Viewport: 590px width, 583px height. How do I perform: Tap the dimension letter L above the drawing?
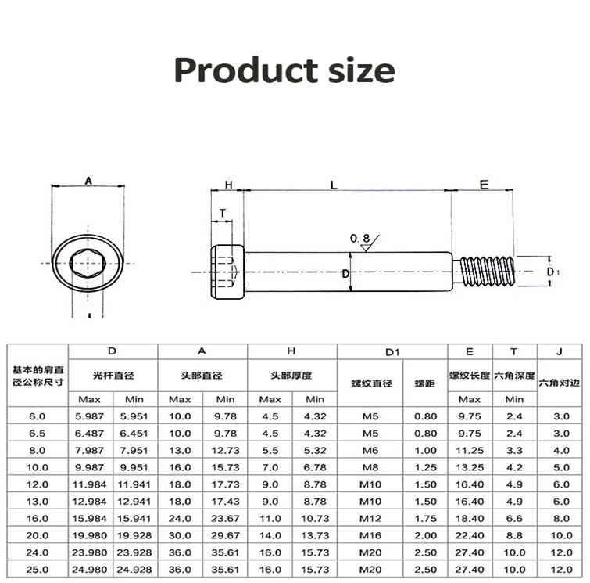pos(334,185)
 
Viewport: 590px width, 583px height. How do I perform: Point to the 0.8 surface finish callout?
pos(359,238)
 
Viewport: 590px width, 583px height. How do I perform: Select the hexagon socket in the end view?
pos(88,271)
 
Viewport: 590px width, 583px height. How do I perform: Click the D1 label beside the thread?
pos(552,272)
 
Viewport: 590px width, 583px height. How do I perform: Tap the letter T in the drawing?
pos(223,213)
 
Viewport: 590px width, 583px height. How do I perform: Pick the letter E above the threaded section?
pos(484,185)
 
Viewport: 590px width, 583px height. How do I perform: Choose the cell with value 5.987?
pos(91,416)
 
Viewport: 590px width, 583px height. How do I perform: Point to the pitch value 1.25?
pos(425,467)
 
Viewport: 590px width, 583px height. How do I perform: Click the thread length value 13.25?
pos(469,467)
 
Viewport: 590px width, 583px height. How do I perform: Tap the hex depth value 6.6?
pos(514,518)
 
